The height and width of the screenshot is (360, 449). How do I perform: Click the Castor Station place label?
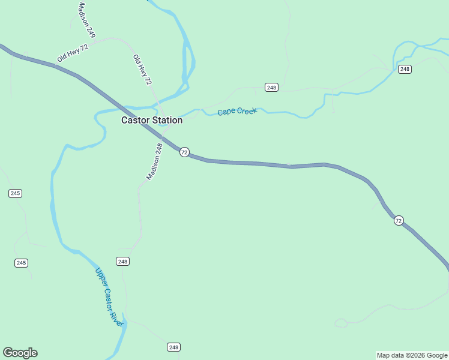coord(152,120)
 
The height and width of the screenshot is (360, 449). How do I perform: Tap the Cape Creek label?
coord(237,111)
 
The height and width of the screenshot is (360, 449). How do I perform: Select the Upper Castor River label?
coord(109,297)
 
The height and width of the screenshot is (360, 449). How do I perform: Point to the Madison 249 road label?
coord(86,20)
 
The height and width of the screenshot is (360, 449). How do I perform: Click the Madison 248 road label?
coord(155,161)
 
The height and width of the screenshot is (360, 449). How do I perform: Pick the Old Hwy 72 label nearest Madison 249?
coord(73,53)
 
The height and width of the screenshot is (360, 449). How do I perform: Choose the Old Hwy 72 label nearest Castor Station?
coord(142,70)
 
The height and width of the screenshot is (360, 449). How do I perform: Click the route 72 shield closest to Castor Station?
coord(184,152)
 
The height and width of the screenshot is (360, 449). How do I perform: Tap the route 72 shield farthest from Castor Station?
coord(399,221)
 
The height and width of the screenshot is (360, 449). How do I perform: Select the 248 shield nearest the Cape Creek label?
coord(271,88)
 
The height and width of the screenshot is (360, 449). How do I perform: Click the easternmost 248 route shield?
coord(405,69)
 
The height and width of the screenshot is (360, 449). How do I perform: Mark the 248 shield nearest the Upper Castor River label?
coord(123,261)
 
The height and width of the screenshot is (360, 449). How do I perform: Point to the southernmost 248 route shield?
coord(173,347)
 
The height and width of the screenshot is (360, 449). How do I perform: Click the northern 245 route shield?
coord(16,193)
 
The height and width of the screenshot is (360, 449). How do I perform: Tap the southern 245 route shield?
coord(22,263)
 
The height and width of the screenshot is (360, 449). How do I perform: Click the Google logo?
coord(20,353)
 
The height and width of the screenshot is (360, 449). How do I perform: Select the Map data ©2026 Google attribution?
coord(412,355)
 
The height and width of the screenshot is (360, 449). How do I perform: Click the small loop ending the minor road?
coord(340,323)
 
